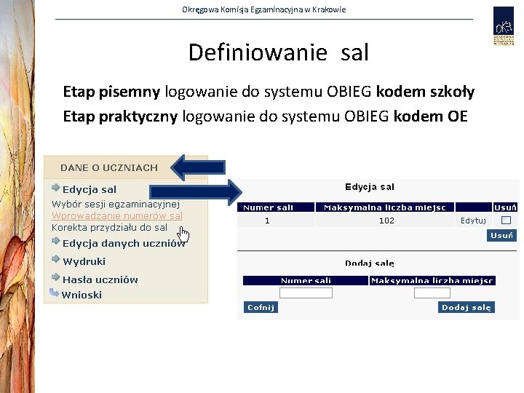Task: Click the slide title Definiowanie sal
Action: tap(278, 52)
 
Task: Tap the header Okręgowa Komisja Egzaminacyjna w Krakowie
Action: tap(263, 9)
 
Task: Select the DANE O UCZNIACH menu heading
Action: tap(108, 167)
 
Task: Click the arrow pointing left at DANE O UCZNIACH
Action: tap(197, 167)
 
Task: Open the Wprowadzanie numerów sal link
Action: tap(116, 216)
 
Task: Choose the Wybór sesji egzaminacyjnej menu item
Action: tap(115, 204)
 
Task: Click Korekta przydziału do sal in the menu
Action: tap(109, 228)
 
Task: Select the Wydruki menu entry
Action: tap(84, 261)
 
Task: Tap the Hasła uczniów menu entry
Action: tap(100, 279)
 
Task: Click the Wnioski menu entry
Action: tap(82, 295)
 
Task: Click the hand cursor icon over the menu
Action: tap(183, 234)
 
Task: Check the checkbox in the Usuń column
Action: tap(505, 220)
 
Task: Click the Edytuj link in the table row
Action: tap(473, 221)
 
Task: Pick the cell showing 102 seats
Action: tap(386, 221)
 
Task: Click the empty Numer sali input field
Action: tap(306, 293)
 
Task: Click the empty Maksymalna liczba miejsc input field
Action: tap(432, 293)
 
